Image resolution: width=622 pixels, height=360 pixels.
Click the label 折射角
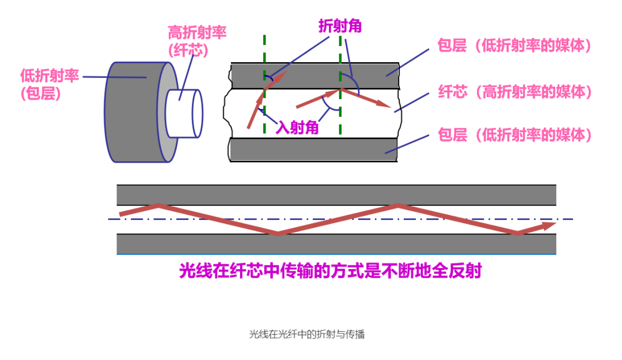340,26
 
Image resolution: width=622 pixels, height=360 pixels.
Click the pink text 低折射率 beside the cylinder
49,75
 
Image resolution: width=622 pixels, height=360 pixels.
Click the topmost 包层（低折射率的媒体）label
515,46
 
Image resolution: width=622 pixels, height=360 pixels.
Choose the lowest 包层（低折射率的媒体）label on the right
515,135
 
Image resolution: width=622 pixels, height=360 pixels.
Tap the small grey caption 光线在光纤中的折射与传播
307,334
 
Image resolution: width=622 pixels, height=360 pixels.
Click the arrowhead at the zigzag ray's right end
549,225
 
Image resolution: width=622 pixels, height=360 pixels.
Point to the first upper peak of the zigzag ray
158,206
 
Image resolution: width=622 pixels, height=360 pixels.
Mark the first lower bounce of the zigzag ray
278,233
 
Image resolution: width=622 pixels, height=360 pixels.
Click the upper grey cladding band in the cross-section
314,75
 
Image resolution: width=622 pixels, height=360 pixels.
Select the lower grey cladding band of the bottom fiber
336,244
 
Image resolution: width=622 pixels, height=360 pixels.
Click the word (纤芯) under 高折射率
188,51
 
